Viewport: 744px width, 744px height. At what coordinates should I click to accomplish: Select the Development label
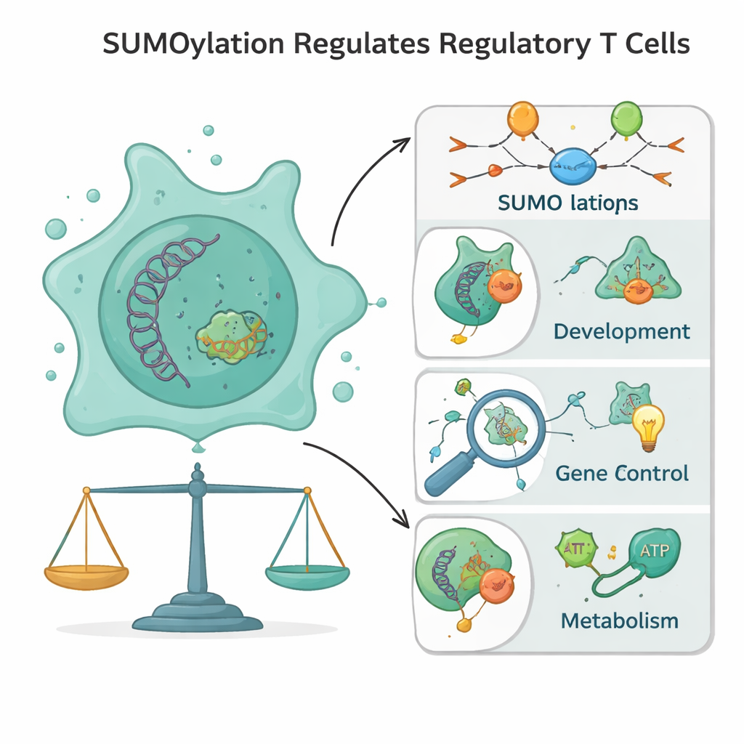621,332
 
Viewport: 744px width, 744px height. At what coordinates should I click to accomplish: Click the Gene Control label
621,474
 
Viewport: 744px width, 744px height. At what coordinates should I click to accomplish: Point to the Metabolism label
620,621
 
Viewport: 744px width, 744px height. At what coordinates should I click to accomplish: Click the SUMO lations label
569,203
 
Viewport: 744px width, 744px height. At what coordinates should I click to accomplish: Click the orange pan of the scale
86,576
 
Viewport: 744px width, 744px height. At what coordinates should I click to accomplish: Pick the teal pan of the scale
307,576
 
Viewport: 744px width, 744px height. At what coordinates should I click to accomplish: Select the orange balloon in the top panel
523,118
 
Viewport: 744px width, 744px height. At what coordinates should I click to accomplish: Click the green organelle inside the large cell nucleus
231,336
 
